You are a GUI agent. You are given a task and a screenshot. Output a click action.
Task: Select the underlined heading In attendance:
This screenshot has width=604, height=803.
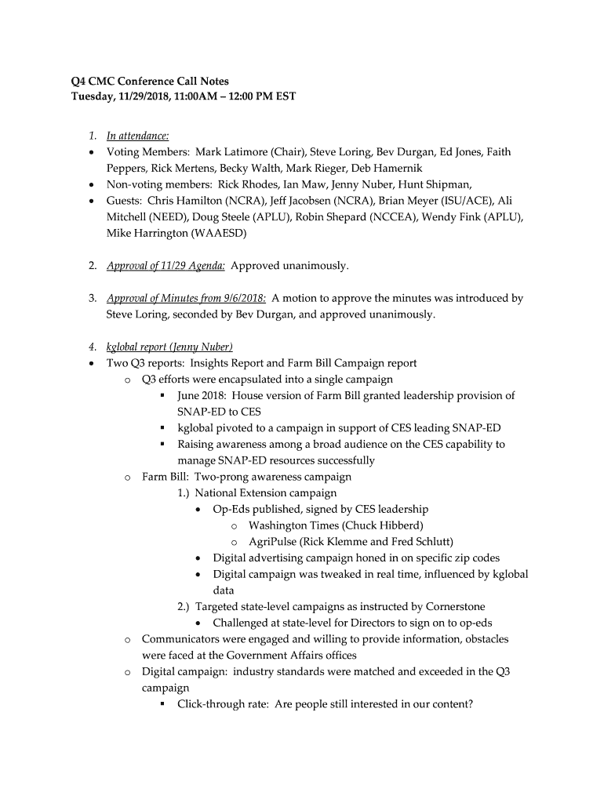(138, 136)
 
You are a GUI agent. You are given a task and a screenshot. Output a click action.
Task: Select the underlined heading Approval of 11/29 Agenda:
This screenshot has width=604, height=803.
(166, 266)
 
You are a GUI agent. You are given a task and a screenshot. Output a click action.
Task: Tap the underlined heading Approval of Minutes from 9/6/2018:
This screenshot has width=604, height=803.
(187, 299)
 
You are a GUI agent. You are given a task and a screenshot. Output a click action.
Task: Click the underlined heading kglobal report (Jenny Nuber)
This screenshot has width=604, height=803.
(169, 347)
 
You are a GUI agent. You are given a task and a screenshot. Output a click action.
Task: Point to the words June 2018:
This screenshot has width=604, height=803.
(202, 396)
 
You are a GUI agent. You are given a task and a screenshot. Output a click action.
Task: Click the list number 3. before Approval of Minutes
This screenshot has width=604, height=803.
(92, 299)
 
